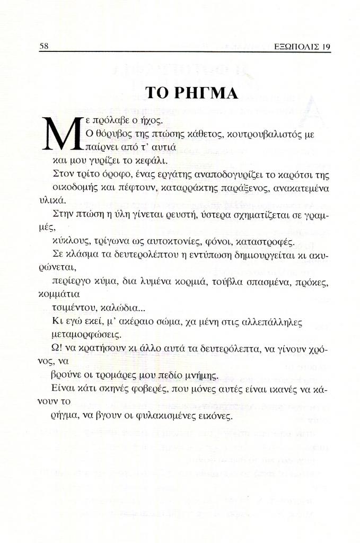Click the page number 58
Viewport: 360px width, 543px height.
pyautogui.click(x=45, y=46)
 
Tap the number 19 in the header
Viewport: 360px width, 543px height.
pyautogui.click(x=326, y=46)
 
